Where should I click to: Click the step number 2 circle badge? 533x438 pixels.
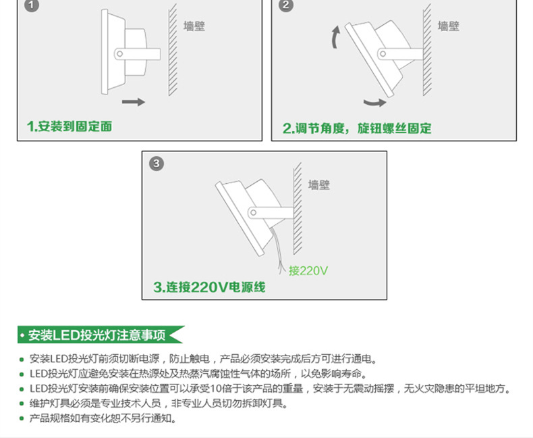click(287, 6)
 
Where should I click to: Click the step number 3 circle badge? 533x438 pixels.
click(157, 164)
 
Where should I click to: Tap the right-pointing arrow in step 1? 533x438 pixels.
click(133, 102)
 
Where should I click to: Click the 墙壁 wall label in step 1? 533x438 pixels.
click(194, 27)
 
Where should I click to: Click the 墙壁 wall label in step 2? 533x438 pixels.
click(448, 26)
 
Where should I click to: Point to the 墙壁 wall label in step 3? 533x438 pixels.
click(319, 185)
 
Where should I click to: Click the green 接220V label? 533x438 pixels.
click(308, 271)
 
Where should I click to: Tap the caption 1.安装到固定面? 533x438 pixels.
click(69, 126)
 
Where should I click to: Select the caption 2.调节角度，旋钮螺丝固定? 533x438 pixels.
click(356, 128)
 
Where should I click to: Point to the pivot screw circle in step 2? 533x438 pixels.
click(383, 53)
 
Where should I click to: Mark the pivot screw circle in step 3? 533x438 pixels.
click(253, 212)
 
